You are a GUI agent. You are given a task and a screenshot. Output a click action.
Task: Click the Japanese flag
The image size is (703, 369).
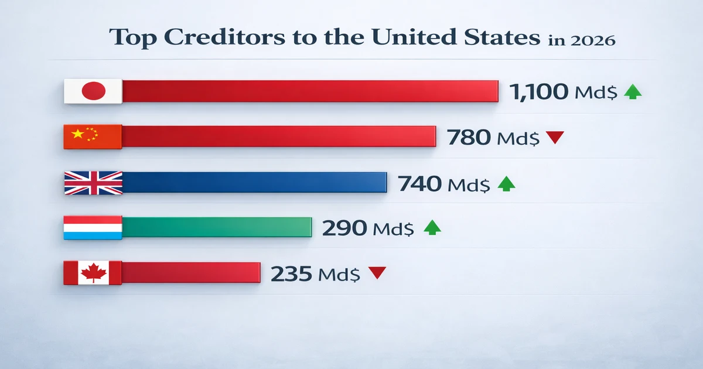93,91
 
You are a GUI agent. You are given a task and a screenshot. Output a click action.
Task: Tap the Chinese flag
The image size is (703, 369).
93,136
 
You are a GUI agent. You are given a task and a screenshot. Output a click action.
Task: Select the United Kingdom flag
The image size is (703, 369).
93,183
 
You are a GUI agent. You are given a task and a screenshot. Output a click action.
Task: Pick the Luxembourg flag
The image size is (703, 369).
93,227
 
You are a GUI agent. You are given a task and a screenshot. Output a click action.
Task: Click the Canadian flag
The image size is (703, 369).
93,273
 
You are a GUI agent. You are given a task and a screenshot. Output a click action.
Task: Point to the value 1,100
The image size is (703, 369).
538,91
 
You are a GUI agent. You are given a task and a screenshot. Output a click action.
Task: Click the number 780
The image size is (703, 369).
469,138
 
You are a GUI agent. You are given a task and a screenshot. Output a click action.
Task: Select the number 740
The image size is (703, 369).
419,184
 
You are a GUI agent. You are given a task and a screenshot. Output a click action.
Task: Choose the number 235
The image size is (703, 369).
291,273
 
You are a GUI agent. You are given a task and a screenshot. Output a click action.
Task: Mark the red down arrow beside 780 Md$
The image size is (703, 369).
554,138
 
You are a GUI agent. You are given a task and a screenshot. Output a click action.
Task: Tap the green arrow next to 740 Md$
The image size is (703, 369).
506,184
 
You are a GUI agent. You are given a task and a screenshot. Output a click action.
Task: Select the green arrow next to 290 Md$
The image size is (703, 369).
432,227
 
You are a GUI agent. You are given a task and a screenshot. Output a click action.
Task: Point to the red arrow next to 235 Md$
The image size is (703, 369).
377,272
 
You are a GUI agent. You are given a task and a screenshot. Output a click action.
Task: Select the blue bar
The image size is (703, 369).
255,182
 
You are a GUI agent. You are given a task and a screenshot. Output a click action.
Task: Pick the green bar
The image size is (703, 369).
217,227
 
